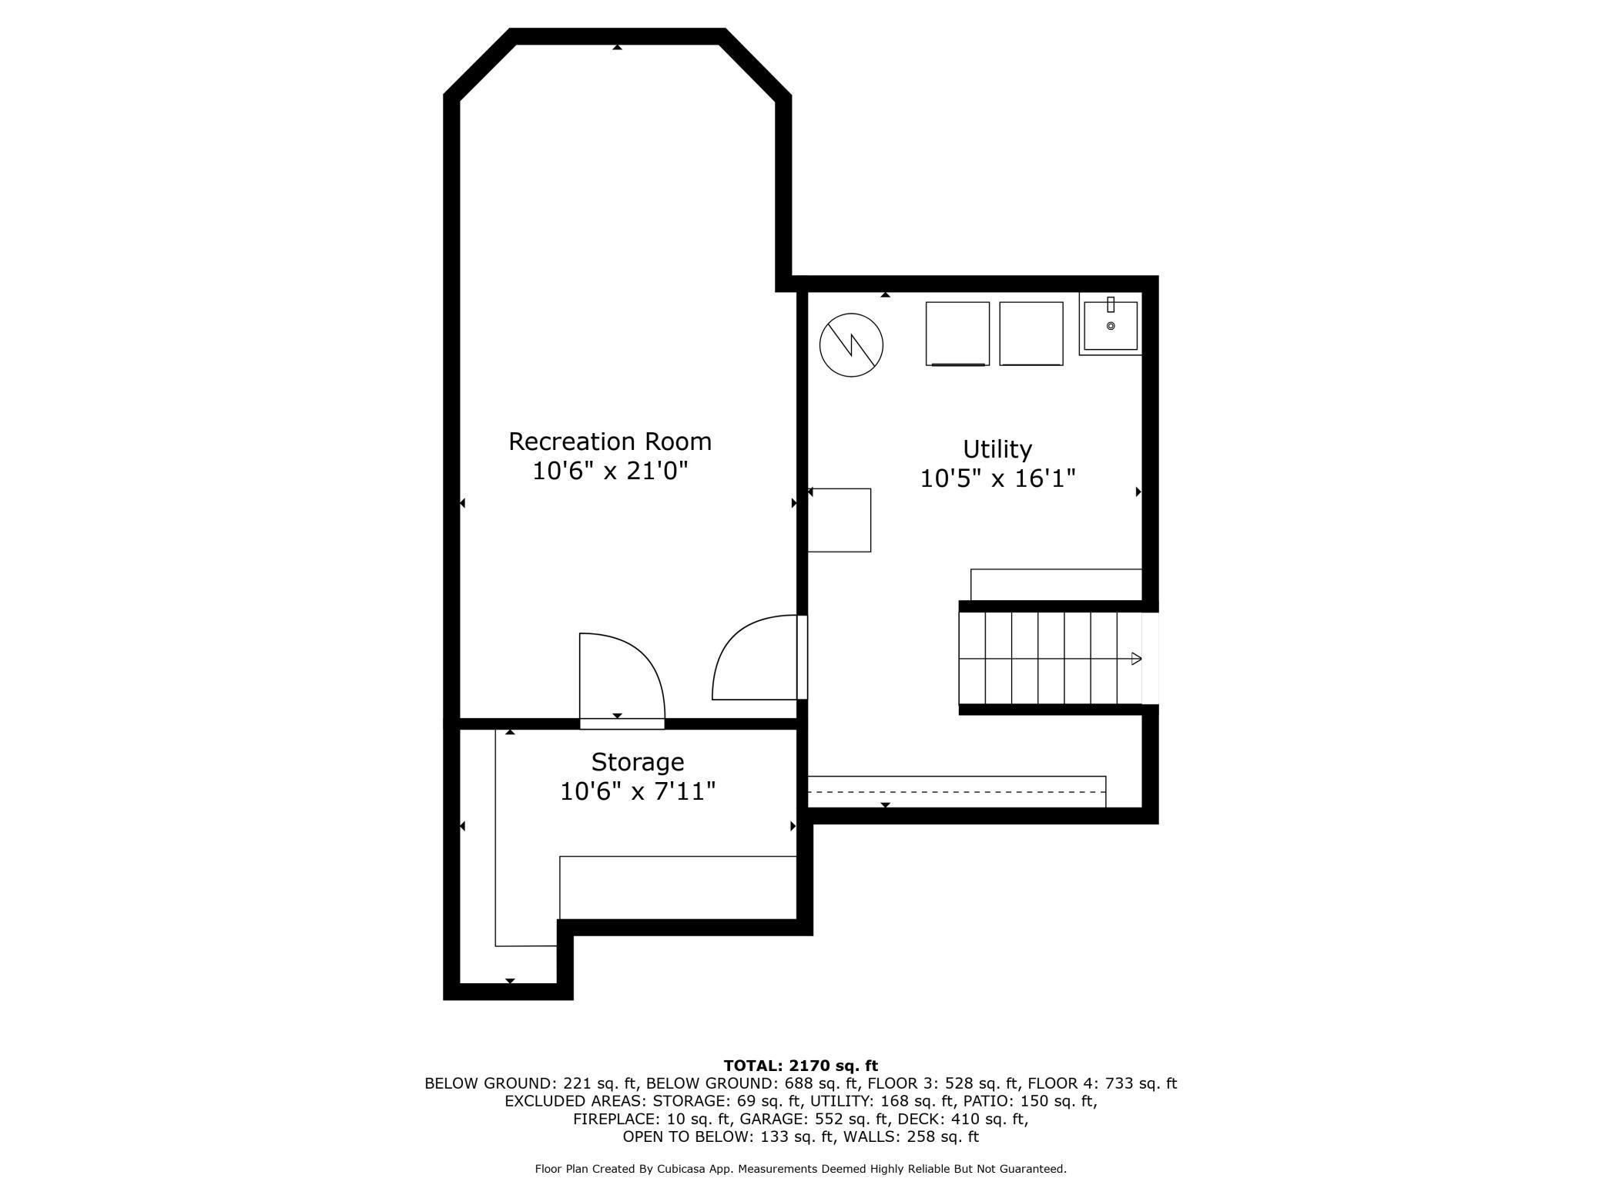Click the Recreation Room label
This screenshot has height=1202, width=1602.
click(610, 442)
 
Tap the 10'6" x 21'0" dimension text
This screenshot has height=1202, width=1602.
click(610, 471)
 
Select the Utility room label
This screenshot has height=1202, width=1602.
click(997, 449)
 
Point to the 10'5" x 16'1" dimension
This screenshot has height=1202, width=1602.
click(997, 478)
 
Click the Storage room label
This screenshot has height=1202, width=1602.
click(638, 762)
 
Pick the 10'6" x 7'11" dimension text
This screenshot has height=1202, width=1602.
click(638, 791)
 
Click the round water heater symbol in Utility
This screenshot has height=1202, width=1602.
click(851, 344)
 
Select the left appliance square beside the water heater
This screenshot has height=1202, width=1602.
click(957, 334)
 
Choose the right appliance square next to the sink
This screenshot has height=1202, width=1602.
click(1031, 334)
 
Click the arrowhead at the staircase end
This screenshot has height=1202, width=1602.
click(1136, 659)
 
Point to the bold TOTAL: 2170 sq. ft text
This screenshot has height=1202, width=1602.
click(801, 1066)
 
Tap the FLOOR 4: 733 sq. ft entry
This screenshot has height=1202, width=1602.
click(1102, 1083)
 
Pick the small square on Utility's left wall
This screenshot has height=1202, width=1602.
click(839, 520)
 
